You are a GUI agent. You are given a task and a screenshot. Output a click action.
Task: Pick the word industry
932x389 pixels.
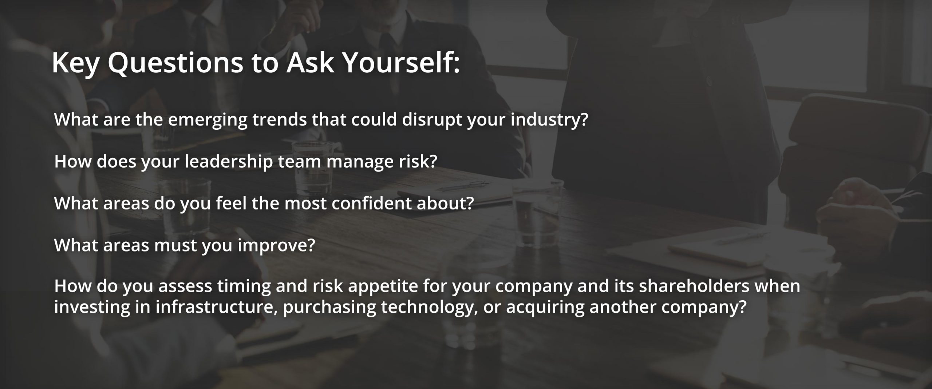[549, 120]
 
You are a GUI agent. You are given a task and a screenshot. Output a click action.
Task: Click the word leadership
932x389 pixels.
[229, 162]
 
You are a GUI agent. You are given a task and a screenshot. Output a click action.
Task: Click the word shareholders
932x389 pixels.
[694, 286]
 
